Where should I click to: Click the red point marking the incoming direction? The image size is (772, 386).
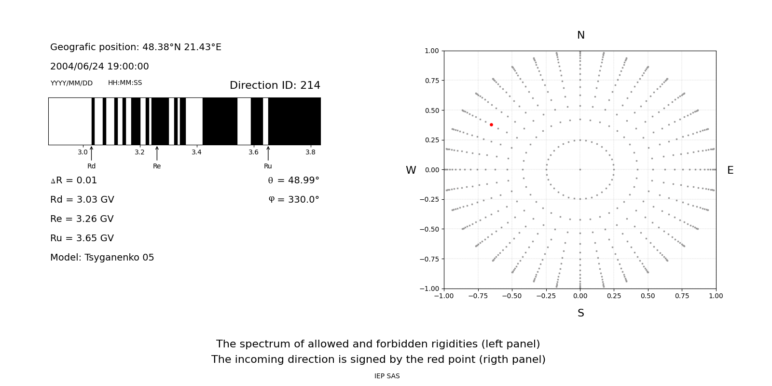[x=491, y=124]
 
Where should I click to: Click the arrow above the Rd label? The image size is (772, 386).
[x=91, y=153]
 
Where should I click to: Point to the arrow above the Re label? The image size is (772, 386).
[x=157, y=153]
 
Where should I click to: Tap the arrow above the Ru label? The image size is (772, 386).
[x=268, y=153]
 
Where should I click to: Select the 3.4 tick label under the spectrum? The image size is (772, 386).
[x=196, y=152]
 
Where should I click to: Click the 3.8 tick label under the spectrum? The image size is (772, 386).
[x=310, y=152]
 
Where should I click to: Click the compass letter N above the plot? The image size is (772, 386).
[x=580, y=35]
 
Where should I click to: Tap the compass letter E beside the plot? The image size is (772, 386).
[x=730, y=170]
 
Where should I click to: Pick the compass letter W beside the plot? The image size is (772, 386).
[x=411, y=170]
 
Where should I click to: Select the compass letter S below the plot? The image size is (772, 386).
[x=580, y=313]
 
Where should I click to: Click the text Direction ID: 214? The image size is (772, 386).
[x=275, y=85]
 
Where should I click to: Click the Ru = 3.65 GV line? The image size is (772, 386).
[x=82, y=238]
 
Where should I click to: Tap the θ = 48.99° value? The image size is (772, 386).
[x=293, y=180]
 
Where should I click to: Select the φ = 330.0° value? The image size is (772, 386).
[x=294, y=200]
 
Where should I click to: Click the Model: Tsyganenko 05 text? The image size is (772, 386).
[x=102, y=258]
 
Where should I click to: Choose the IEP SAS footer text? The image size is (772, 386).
[x=387, y=376]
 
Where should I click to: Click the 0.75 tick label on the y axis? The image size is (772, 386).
[x=431, y=81]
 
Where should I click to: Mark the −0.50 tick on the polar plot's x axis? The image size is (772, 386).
[x=512, y=296]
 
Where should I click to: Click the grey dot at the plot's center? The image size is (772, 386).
[x=580, y=169]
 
